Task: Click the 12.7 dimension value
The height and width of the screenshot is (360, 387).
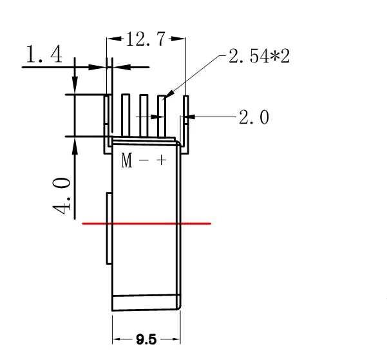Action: click(x=145, y=40)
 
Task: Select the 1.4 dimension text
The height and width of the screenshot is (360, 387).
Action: click(x=43, y=55)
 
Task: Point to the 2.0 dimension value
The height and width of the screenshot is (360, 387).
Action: click(x=254, y=117)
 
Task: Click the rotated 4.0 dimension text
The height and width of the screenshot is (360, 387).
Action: click(x=62, y=198)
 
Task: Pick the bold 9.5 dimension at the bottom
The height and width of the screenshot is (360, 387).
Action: click(x=147, y=339)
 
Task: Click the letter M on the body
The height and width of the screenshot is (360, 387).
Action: click(x=127, y=161)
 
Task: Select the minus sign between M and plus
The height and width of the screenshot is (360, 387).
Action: click(x=144, y=161)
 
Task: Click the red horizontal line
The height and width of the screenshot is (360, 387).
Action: click(x=147, y=223)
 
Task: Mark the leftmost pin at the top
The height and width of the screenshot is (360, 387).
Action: click(x=108, y=116)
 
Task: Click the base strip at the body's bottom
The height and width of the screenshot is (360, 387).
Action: click(x=146, y=303)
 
